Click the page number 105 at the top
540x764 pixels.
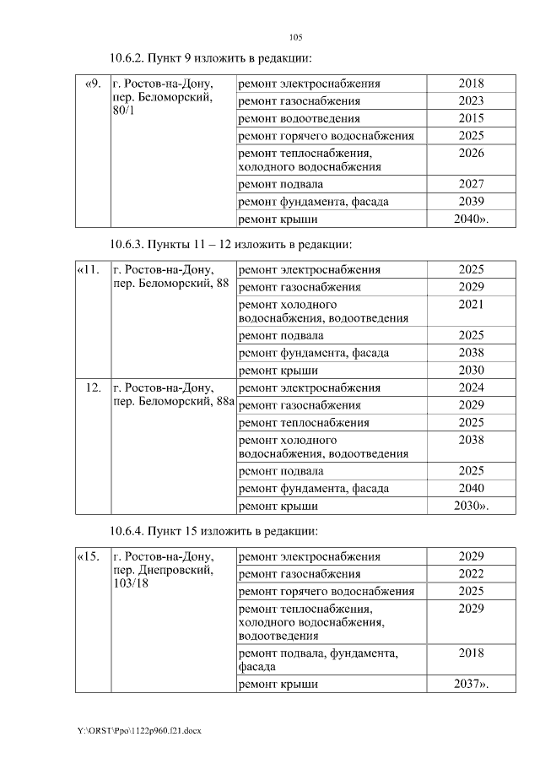pos(295,37)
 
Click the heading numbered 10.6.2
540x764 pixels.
pos(211,58)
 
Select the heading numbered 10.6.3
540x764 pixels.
pos(229,244)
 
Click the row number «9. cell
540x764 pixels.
pos(93,84)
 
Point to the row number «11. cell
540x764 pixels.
pos(89,270)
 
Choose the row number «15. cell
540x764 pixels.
pos(89,557)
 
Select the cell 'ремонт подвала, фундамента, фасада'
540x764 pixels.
pos(319,659)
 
